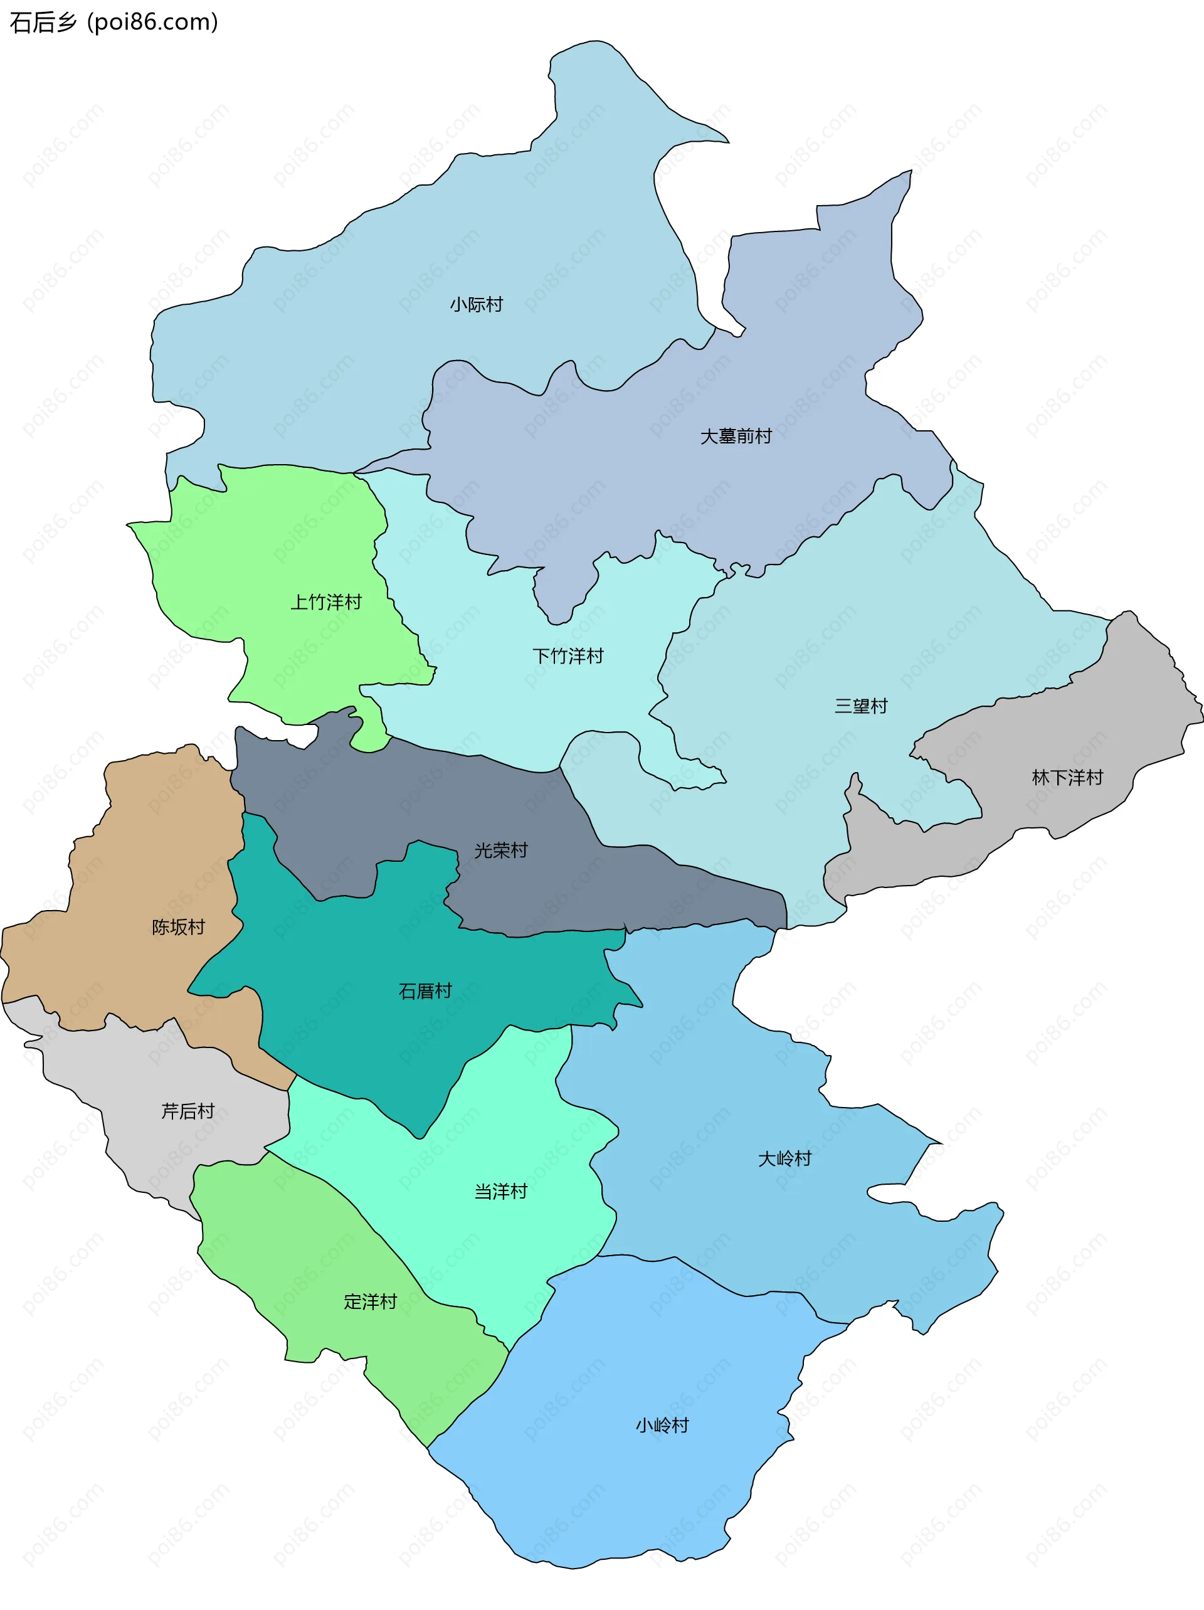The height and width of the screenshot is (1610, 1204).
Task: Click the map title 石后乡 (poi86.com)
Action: click(x=114, y=23)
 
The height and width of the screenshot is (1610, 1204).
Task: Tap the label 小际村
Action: click(x=476, y=304)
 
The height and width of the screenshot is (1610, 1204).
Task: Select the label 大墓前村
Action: click(x=735, y=436)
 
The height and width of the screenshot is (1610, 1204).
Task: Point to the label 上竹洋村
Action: click(x=325, y=602)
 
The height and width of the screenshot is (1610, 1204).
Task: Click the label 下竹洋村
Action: click(x=568, y=656)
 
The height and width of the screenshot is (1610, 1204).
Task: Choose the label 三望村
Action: click(x=860, y=706)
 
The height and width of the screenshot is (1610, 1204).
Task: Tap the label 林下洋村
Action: click(x=1067, y=777)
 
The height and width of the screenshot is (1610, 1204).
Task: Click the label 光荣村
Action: click(x=501, y=850)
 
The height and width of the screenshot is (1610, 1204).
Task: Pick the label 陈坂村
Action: click(x=178, y=926)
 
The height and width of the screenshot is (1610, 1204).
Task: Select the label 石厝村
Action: click(x=425, y=990)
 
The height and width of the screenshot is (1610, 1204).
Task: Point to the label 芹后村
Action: click(x=187, y=1111)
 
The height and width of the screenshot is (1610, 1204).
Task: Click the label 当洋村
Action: click(x=501, y=1192)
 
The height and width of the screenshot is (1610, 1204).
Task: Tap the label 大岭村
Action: click(x=784, y=1158)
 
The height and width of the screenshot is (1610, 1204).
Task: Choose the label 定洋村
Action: click(x=371, y=1301)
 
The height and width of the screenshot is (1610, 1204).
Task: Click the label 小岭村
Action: click(x=662, y=1425)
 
